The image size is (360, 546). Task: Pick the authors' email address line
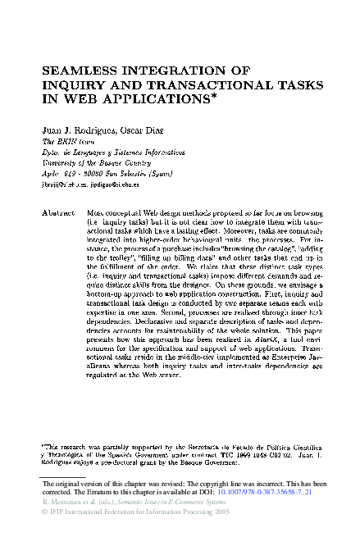pos(90,186)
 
